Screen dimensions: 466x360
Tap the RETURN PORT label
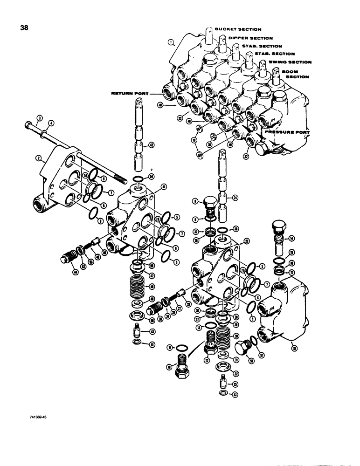pos(128,94)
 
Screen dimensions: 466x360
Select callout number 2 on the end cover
pos(36,158)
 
